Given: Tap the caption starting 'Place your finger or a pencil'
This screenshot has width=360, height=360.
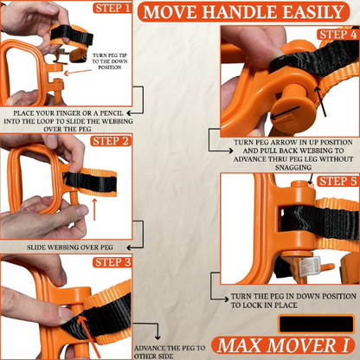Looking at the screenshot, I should click(67, 119).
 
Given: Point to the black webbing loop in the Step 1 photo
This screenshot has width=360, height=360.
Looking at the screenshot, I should click(70, 36).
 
